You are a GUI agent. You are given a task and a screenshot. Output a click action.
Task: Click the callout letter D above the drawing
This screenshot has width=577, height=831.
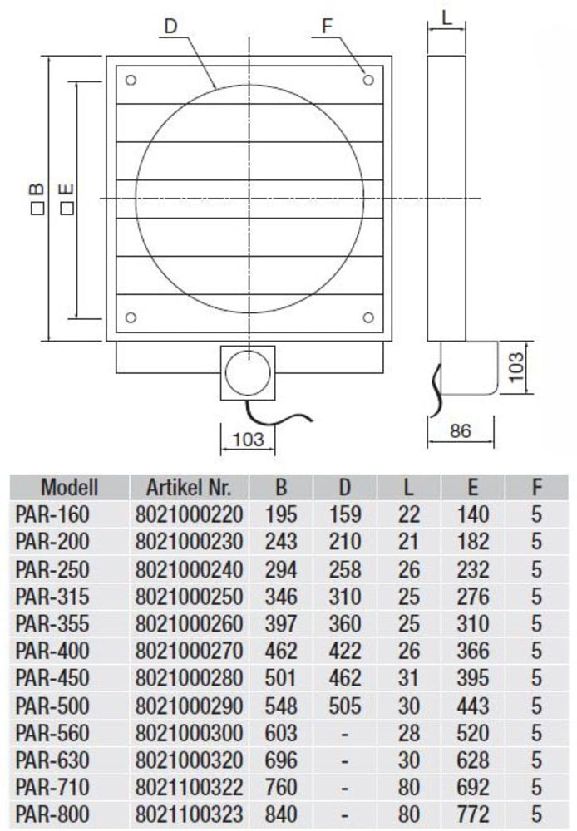pyautogui.click(x=170, y=25)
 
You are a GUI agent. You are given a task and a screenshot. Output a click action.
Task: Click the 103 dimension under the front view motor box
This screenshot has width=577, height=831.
pyautogui.click(x=247, y=438)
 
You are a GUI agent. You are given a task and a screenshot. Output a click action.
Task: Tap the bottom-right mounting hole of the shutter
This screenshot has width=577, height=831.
pyautogui.click(x=368, y=317)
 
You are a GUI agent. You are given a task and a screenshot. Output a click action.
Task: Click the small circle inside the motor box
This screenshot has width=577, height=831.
pyautogui.click(x=247, y=371)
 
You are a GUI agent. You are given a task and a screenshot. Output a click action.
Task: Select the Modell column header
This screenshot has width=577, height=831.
pyautogui.click(x=70, y=486)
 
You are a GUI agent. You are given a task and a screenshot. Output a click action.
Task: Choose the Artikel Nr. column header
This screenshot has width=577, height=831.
pyautogui.click(x=189, y=486)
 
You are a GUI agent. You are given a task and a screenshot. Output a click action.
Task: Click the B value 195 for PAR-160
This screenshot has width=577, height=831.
pyautogui.click(x=280, y=514)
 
